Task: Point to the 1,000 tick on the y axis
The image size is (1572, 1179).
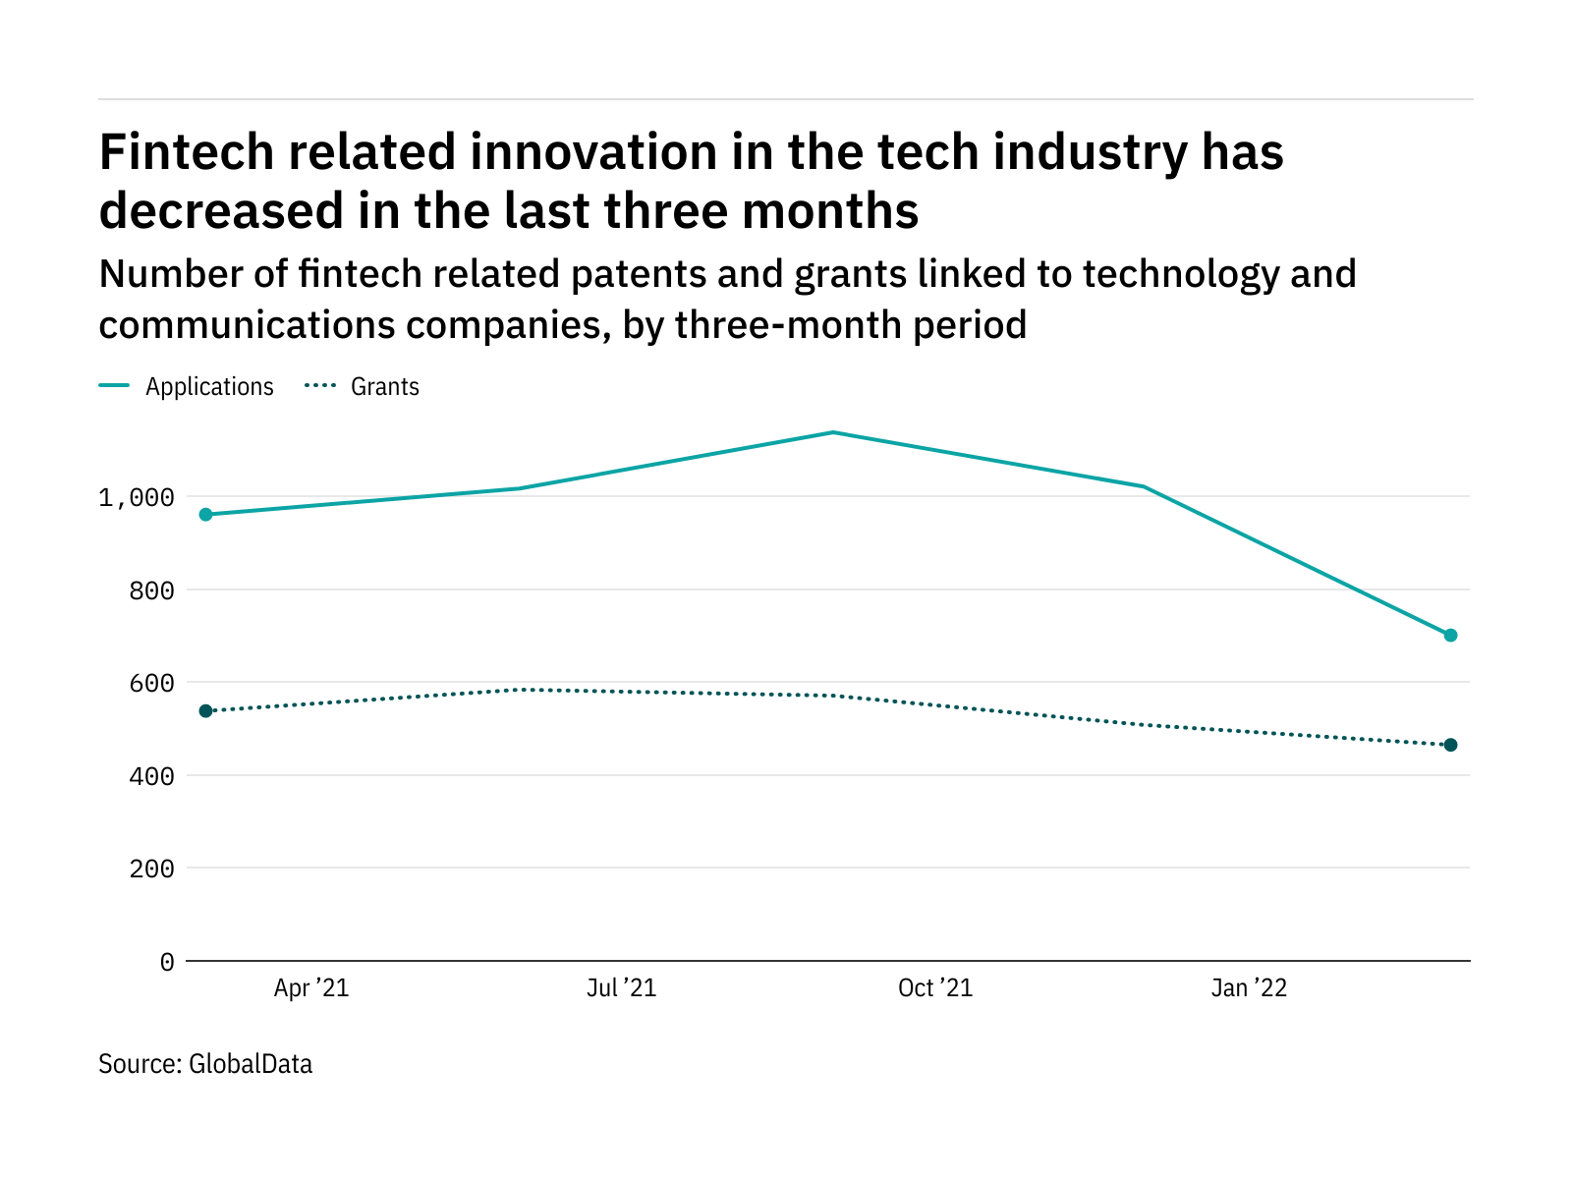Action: tap(137, 497)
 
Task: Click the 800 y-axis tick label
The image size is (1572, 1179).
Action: tap(152, 590)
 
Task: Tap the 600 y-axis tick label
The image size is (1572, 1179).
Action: tap(152, 683)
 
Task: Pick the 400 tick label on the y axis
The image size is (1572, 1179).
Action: tap(152, 776)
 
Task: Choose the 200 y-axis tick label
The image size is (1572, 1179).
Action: tap(152, 869)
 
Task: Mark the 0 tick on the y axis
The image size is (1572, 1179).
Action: tap(167, 962)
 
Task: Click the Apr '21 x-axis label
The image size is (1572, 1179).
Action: tap(311, 988)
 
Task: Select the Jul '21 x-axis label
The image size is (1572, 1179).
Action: tap(621, 988)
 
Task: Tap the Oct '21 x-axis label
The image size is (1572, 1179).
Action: tap(935, 988)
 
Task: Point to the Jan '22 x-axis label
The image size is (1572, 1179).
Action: tap(1249, 988)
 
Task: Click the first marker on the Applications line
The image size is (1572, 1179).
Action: tap(205, 514)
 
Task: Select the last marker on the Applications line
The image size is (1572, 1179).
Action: tap(1450, 635)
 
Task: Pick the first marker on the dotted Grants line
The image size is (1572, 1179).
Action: tap(205, 710)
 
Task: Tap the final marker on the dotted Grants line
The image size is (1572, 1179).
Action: tap(1450, 745)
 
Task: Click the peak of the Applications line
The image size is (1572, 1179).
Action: tap(832, 432)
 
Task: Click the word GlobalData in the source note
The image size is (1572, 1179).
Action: tap(251, 1064)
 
